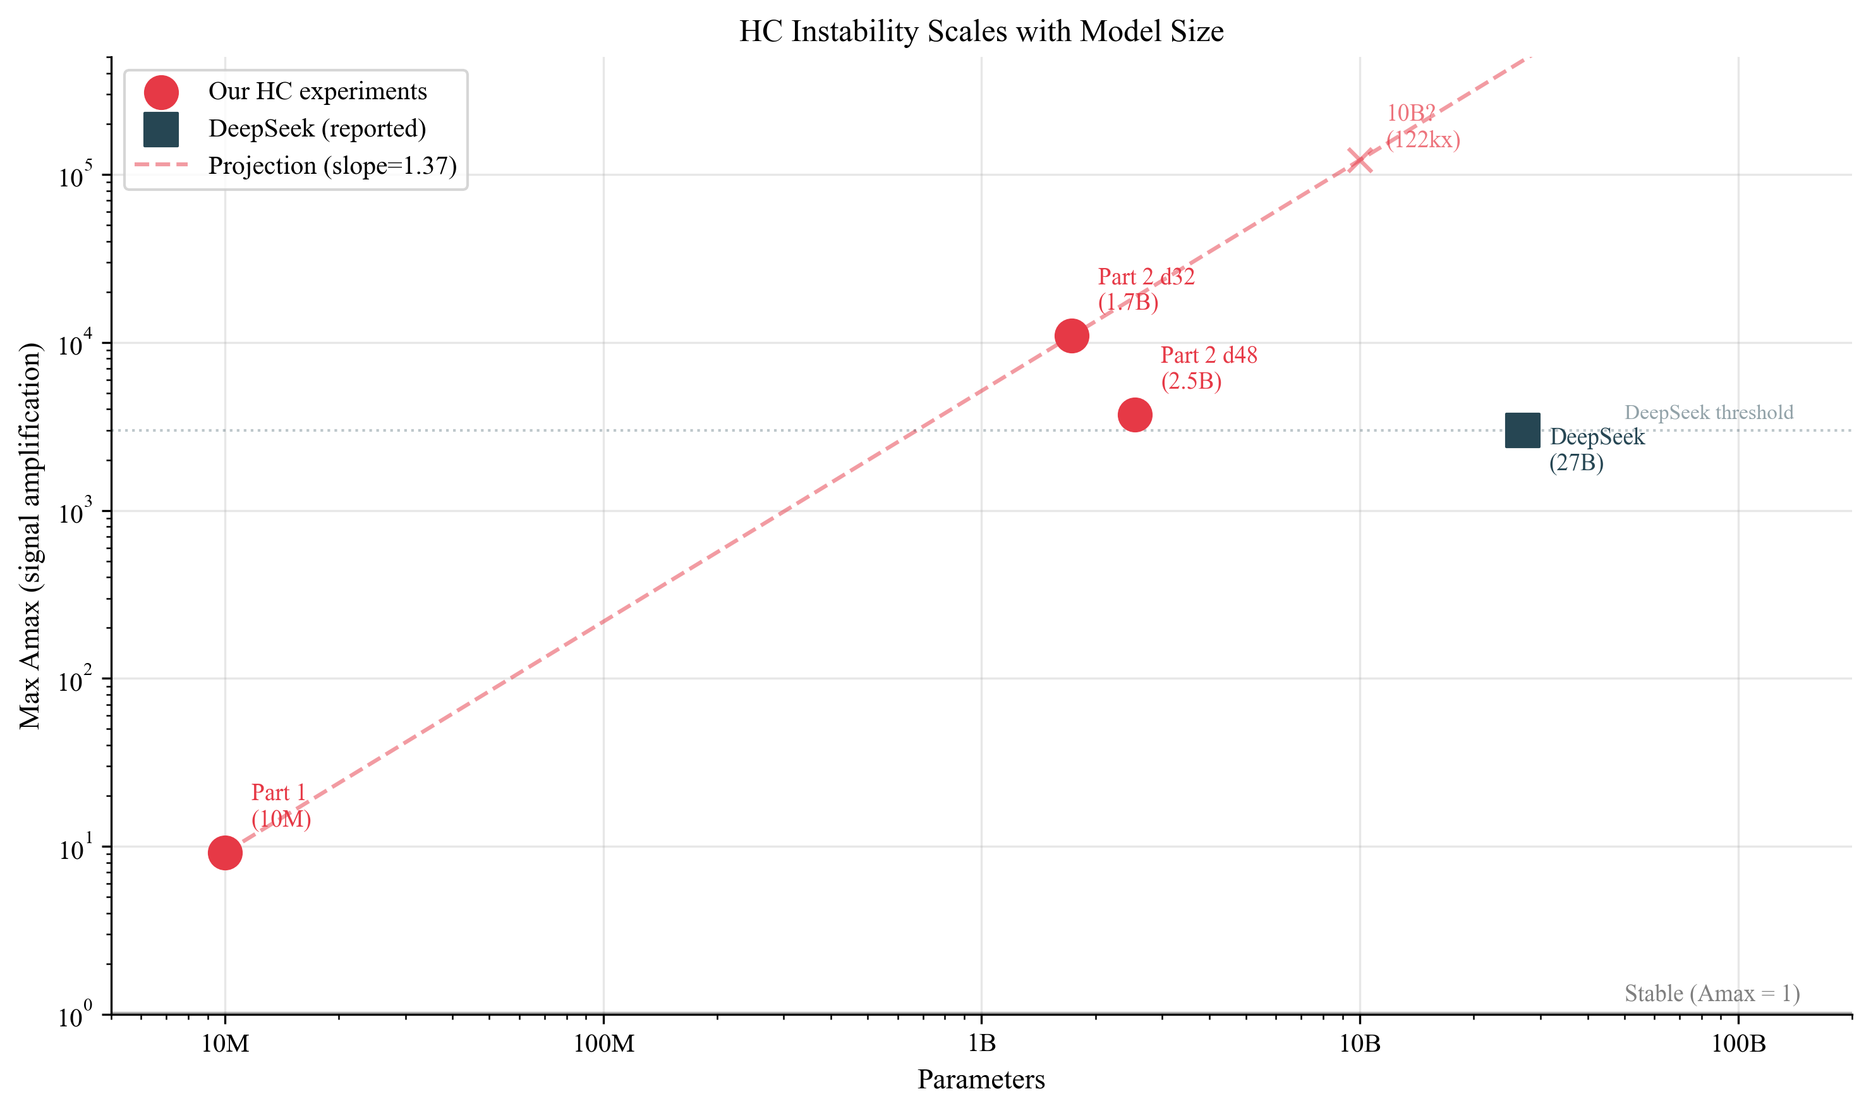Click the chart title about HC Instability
click(x=981, y=32)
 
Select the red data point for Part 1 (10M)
click(x=225, y=853)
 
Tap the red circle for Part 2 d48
click(x=1134, y=415)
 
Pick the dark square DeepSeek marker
click(x=1522, y=430)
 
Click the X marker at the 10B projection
click(x=1360, y=160)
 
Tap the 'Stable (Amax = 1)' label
click(x=1711, y=994)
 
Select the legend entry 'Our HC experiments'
click(x=317, y=92)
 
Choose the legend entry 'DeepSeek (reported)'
click(x=317, y=129)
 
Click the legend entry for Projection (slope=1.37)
click(x=332, y=166)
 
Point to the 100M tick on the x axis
click(x=603, y=1044)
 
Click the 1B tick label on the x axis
click(x=981, y=1044)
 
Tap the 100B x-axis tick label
click(x=1738, y=1044)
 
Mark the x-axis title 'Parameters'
click(x=981, y=1080)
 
